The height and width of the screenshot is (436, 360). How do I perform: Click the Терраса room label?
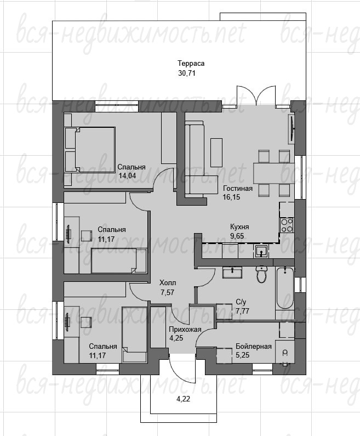click(x=191, y=64)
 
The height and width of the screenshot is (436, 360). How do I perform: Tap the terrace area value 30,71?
click(x=187, y=73)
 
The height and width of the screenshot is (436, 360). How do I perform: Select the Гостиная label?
click(x=238, y=188)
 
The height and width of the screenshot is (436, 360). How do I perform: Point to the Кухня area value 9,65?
click(x=237, y=236)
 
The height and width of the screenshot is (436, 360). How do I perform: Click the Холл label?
click(x=168, y=283)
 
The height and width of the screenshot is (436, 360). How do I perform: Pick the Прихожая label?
click(x=185, y=330)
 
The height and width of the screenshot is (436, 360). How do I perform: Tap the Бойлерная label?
click(x=254, y=347)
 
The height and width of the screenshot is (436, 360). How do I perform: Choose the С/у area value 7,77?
click(x=242, y=311)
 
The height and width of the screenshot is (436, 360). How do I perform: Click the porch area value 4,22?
click(x=184, y=399)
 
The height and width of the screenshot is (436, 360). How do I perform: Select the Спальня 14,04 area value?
click(x=127, y=175)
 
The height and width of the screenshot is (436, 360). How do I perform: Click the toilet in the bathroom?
click(x=261, y=274)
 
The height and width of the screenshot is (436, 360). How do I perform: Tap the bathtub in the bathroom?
click(x=285, y=288)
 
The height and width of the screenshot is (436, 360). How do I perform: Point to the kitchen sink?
click(x=261, y=251)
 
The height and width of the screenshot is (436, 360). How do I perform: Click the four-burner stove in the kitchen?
click(x=287, y=225)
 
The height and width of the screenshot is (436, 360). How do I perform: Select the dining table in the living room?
click(x=274, y=173)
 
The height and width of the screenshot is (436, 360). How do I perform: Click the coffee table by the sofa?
click(x=216, y=152)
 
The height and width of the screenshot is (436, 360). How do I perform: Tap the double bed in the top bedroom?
click(x=90, y=150)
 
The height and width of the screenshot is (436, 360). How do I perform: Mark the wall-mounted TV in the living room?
click(x=292, y=129)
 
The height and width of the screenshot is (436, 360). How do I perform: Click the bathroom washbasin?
click(x=232, y=272)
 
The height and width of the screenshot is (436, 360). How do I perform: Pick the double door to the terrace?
click(x=256, y=96)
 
